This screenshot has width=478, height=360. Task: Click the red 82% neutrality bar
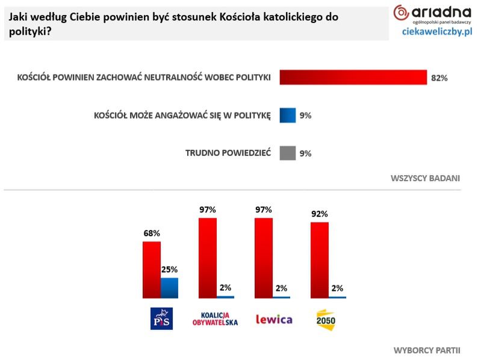tap(353, 78)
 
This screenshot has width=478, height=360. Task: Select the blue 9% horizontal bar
tap(288, 115)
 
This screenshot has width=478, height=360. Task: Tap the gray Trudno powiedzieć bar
tap(288, 153)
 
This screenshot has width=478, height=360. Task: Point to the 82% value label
tap(439, 78)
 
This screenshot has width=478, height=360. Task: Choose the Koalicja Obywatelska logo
tap(214, 318)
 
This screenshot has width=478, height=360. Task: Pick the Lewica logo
tap(274, 318)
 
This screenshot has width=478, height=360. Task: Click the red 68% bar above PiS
tap(151, 269)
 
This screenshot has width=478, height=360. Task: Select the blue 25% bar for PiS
tap(170, 288)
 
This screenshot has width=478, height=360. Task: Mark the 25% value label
tap(169, 270)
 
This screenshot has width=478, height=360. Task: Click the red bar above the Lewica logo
tap(264, 258)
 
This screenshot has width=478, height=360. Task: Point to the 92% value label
tap(319, 214)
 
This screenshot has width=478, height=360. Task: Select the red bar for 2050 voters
tap(319, 260)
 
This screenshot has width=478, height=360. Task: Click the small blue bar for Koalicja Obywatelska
tap(226, 297)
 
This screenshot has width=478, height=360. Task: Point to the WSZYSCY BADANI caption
tap(425, 178)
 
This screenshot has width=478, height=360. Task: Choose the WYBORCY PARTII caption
tap(427, 350)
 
